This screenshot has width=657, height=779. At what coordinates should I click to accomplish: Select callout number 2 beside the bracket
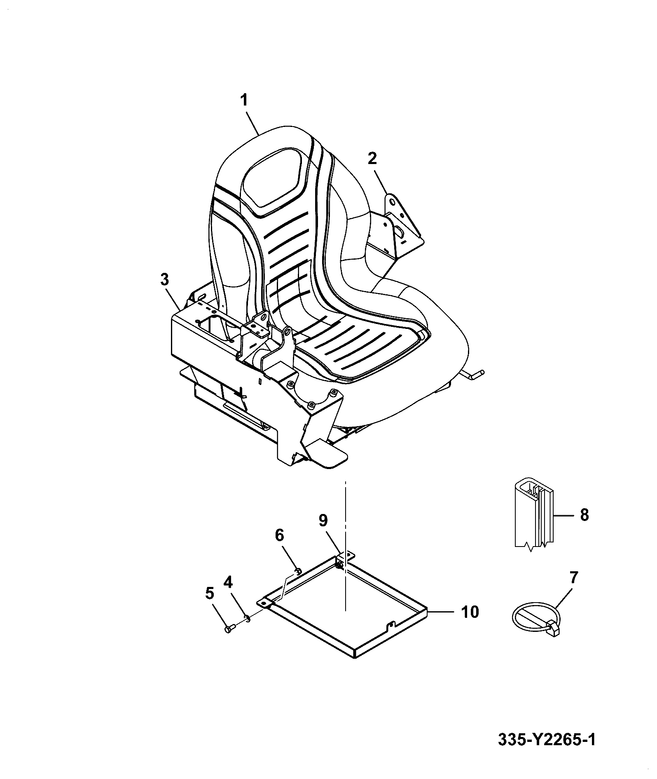coord(372,158)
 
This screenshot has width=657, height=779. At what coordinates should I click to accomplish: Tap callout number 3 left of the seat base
coord(164,280)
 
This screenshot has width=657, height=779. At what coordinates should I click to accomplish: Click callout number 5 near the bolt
coord(209,594)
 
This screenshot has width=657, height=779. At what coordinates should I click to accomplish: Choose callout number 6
coord(279,535)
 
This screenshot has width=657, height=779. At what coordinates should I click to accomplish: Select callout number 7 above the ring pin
coord(574,577)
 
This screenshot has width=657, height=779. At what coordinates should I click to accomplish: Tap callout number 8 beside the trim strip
coord(584,515)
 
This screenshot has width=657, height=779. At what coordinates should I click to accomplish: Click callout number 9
coord(323,521)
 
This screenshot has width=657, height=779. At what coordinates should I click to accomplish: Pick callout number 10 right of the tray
coord(470,612)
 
